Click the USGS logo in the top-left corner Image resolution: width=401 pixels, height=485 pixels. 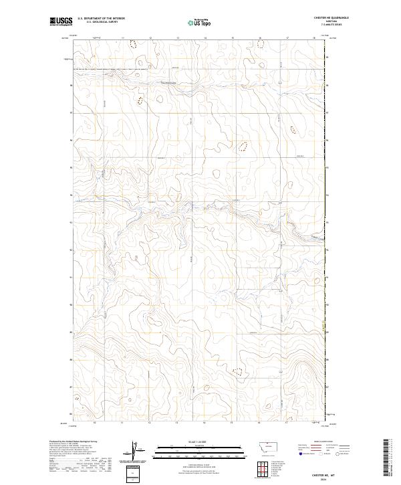pyautogui.click(x=61, y=23)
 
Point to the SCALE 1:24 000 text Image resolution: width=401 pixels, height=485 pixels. pyautogui.click(x=189, y=442)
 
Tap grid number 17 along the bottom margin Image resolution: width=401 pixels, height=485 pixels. pyautogui.click(x=287, y=423)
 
